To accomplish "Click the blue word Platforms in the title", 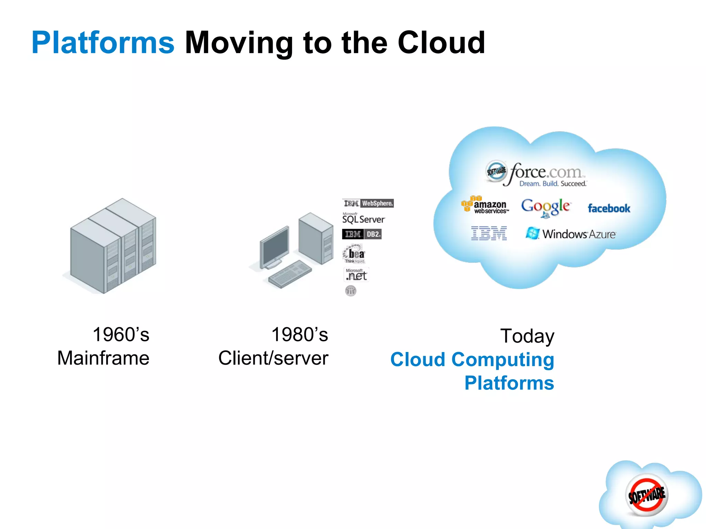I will (103, 43).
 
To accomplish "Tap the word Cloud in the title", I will (441, 43).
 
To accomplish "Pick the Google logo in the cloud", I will (546, 207).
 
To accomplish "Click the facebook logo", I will (609, 208).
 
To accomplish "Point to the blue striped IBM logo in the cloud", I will (489, 234).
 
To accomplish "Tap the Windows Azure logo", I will (571, 234).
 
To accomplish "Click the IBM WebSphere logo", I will (368, 203).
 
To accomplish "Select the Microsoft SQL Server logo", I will (363, 219).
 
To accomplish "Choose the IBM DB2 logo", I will (362, 234).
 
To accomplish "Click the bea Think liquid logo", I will (354, 254).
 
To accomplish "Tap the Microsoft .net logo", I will (356, 275).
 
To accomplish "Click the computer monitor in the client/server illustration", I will (275, 247).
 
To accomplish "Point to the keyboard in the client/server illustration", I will (290, 274).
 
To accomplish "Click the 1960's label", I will (121, 335).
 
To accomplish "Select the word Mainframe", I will (103, 358).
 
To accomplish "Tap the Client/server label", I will (273, 358).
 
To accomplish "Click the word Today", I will (527, 336).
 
